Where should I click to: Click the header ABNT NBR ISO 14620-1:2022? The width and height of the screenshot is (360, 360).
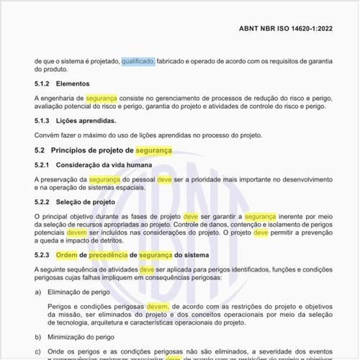pyautogui.click(x=286, y=29)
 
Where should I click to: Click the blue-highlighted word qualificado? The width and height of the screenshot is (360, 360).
pyautogui.click(x=138, y=62)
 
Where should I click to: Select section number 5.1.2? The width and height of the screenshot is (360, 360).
pyautogui.click(x=42, y=84)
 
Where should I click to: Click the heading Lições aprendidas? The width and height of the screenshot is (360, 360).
pyautogui.click(x=86, y=120)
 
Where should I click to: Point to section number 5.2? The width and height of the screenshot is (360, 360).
pyautogui.click(x=40, y=150)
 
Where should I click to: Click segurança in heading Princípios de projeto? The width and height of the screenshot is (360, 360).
pyautogui.click(x=154, y=150)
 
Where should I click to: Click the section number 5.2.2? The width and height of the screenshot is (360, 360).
pyautogui.click(x=42, y=202)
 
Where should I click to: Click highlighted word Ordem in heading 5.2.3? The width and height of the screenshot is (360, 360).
pyautogui.click(x=66, y=256)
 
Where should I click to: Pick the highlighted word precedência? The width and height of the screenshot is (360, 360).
pyautogui.click(x=109, y=256)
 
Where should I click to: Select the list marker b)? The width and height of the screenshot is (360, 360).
pyautogui.click(x=38, y=336)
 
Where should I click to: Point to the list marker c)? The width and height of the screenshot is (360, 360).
pyautogui.click(x=38, y=351)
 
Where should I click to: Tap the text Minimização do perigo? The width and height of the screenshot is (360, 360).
pyautogui.click(x=83, y=336)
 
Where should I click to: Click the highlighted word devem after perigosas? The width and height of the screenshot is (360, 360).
pyautogui.click(x=157, y=307)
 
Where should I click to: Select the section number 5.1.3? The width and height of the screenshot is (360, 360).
pyautogui.click(x=42, y=120)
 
